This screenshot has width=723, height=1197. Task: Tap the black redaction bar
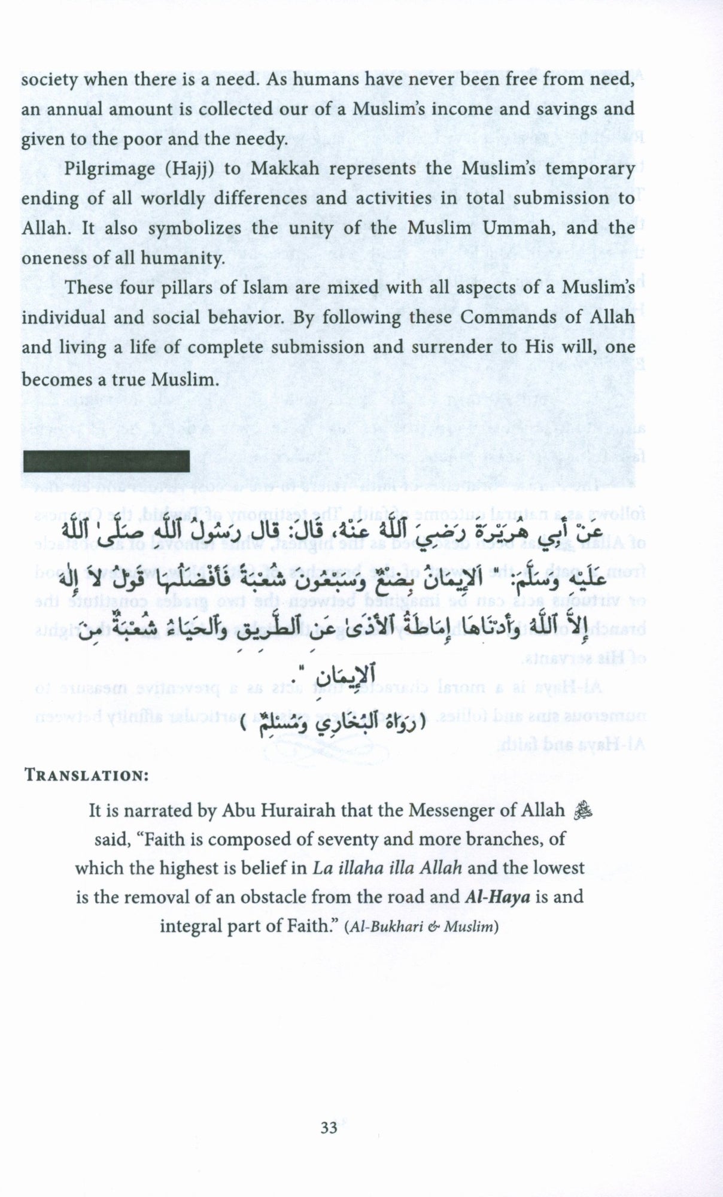(106, 461)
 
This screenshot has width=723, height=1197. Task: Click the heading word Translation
(87, 775)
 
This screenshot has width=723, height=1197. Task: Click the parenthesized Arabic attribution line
(330, 727)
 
